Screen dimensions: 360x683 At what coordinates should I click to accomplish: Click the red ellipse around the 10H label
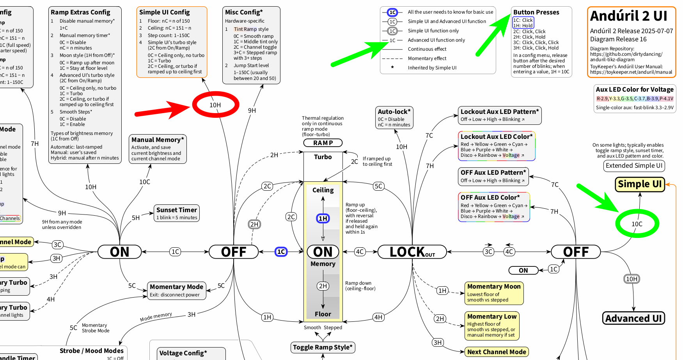coord(215,105)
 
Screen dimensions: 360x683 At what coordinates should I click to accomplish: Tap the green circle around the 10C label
coord(637,224)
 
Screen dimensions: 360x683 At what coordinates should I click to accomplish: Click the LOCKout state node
coord(412,252)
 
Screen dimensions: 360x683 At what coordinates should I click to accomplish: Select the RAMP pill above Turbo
coord(323,143)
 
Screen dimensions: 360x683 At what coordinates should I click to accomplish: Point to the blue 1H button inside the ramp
coord(323,218)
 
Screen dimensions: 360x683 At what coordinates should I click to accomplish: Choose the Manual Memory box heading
coord(158,140)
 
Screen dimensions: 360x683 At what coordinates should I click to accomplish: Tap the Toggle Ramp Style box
coord(323,347)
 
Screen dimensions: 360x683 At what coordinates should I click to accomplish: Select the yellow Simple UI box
coord(640,184)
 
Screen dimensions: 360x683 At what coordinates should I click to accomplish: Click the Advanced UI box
coord(633,318)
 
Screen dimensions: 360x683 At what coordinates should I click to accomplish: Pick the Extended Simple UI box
coord(634,165)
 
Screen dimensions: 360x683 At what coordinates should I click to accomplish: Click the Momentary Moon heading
coord(494,286)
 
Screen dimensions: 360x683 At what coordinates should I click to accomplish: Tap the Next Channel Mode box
coord(497,352)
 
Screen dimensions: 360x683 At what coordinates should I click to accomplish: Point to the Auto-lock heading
coord(394,112)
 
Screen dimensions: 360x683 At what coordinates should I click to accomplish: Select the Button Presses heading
coord(536,12)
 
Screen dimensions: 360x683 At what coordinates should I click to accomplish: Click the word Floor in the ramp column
coord(323,314)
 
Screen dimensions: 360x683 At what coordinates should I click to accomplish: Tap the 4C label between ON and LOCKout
coord(360,252)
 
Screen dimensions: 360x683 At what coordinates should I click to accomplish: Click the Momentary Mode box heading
coord(176,287)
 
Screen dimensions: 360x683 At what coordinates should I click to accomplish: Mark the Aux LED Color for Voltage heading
coord(635,89)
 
